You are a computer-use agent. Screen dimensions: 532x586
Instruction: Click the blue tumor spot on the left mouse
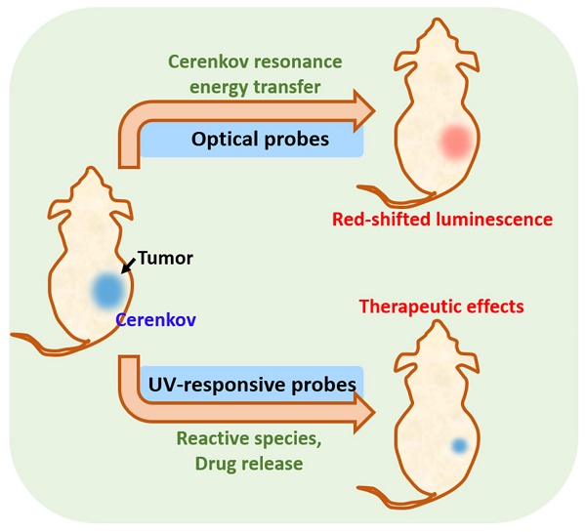(x=106, y=289)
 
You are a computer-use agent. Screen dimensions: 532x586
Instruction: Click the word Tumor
(x=165, y=259)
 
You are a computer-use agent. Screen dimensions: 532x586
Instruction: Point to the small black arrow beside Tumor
(x=128, y=265)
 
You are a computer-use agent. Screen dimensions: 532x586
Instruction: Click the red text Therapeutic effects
(x=441, y=307)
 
